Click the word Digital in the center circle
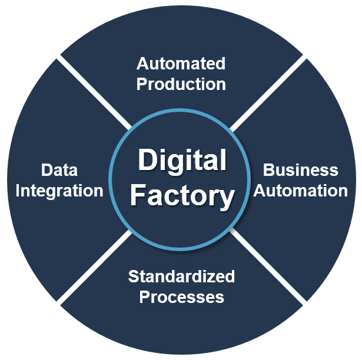[x=181, y=161]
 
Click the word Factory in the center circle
[x=181, y=196]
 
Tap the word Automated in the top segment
[x=181, y=64]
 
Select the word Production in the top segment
[x=181, y=84]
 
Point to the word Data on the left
[x=59, y=171]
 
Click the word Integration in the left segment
[x=59, y=191]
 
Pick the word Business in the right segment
[x=300, y=171]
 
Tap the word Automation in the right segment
[x=301, y=191]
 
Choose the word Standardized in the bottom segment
[x=181, y=276]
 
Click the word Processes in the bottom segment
[x=181, y=296]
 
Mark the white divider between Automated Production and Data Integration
[x=94, y=92]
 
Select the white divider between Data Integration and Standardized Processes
[x=94, y=268]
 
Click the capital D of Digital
[x=146, y=161]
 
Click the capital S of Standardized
[x=132, y=276]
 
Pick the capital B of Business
[x=268, y=171]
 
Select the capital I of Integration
[x=18, y=191]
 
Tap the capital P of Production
[x=141, y=84]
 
